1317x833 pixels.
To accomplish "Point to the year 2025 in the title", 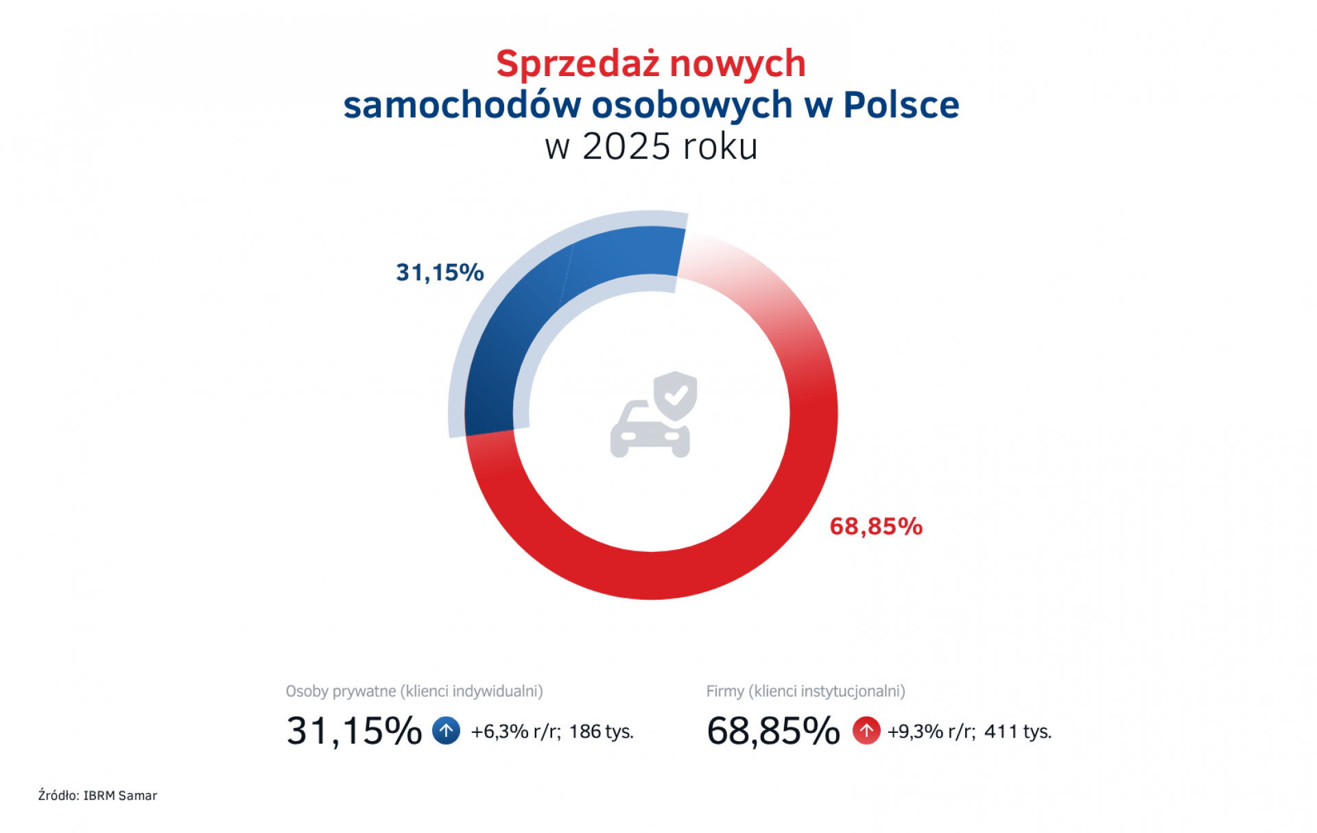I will [626, 147].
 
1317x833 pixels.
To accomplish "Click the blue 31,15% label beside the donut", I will [440, 273].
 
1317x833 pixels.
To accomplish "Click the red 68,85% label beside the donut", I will [876, 527].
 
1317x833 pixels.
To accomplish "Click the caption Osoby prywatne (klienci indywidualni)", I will [414, 691].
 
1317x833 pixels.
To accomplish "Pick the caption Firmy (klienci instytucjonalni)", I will [805, 691].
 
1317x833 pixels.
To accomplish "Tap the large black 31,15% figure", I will [353, 731].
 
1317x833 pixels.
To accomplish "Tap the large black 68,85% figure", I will [773, 731].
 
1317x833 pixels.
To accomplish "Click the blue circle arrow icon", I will [446, 730].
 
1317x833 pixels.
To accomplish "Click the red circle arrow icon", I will [866, 730].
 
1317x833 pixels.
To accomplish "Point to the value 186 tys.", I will [601, 732].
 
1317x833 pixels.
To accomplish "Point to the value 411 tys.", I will [1017, 732].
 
